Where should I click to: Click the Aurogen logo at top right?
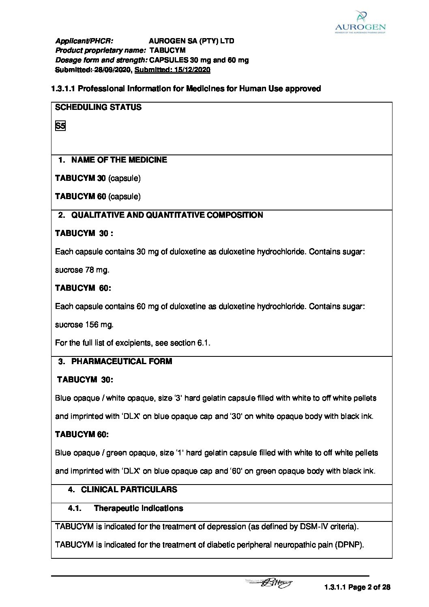(x=360, y=22)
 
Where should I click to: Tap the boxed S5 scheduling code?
(x=60, y=126)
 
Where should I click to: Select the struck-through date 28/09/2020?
(x=112, y=70)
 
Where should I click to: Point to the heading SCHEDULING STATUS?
(x=98, y=107)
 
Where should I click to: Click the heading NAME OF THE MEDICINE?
(x=119, y=160)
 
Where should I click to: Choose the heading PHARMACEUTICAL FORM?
(x=122, y=361)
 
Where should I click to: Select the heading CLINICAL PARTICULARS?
(x=129, y=489)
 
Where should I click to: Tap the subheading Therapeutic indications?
(x=138, y=508)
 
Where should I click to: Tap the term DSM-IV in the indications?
(x=314, y=527)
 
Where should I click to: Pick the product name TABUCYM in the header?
(x=167, y=51)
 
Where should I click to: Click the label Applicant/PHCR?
(x=84, y=41)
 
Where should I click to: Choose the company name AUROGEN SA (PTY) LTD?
(x=191, y=41)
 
